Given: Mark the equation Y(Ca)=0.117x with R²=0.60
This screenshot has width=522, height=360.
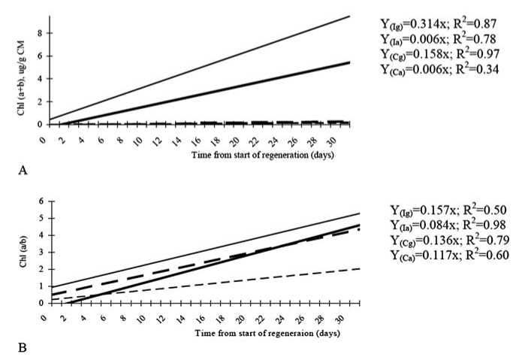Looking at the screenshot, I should [x=449, y=256].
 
